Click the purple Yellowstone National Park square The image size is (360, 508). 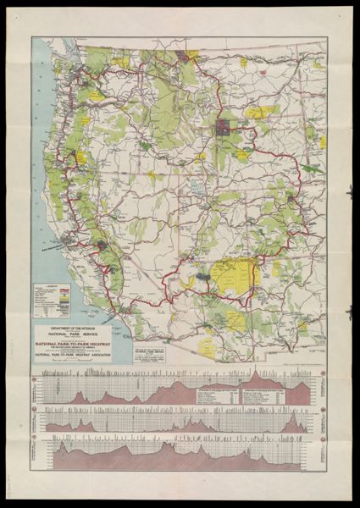point(224,128)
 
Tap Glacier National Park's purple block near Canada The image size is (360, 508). point(184,58)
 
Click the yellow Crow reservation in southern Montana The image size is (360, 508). point(260,111)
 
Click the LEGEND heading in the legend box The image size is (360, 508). point(50,285)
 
